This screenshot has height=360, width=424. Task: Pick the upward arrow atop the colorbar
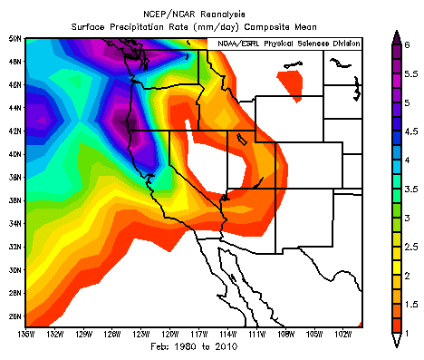(396, 37)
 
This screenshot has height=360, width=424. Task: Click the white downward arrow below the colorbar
(396, 341)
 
